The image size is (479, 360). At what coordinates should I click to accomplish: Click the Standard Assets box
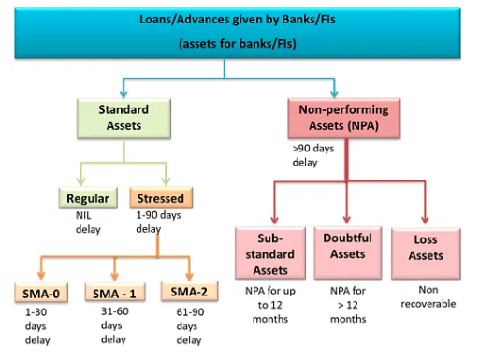point(124,118)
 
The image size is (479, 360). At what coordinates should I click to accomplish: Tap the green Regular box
point(88,197)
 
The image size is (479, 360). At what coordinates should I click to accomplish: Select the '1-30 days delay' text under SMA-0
point(38,326)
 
